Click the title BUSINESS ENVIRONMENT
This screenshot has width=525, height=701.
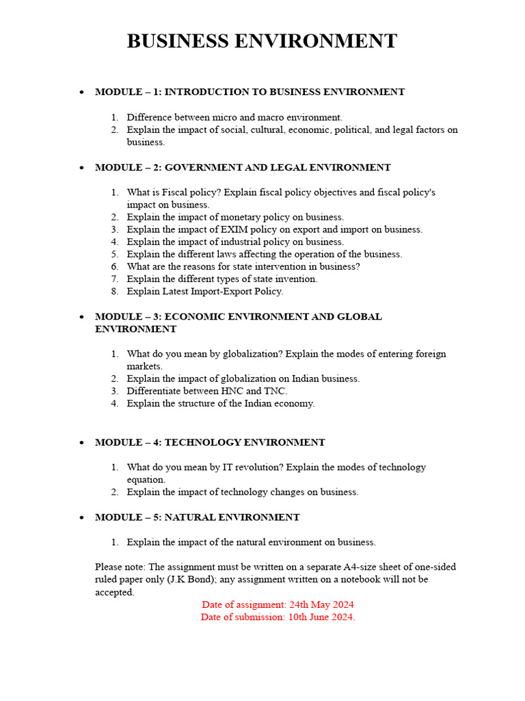[x=262, y=41]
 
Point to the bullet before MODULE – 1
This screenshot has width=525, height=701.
[x=81, y=92]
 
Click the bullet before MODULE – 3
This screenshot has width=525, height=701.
[x=81, y=318]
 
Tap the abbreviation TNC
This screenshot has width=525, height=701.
[x=275, y=391]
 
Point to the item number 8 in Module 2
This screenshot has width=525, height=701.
[x=114, y=291]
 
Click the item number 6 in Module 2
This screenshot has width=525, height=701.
[x=114, y=266]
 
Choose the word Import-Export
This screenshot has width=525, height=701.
[x=220, y=291]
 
